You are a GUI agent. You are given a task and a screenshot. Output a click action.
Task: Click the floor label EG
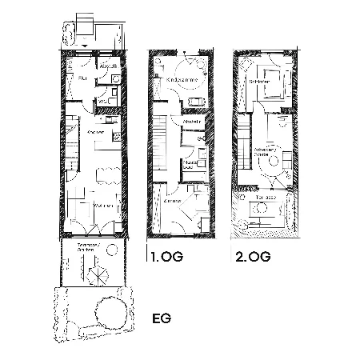pos(161,318)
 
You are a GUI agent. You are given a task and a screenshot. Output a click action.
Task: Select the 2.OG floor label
pos(251,257)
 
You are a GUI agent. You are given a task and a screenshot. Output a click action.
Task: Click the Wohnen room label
pos(102,206)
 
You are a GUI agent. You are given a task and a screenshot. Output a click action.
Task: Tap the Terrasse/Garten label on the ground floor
pos(87,247)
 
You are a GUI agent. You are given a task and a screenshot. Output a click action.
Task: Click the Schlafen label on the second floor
pos(258,81)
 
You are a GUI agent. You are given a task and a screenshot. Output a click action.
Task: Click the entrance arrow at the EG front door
pos(85,42)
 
